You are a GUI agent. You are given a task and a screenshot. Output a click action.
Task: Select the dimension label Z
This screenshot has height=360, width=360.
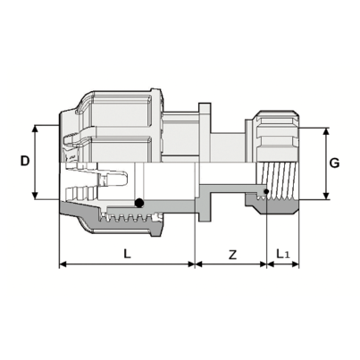(232, 255)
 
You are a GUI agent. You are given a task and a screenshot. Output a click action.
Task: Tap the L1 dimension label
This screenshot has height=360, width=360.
(283, 255)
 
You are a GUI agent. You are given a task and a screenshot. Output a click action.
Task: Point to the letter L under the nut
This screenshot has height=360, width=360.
(127, 254)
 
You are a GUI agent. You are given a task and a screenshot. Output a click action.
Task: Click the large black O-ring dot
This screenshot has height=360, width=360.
(138, 203)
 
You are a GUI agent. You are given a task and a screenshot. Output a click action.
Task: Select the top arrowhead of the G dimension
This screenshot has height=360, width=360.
(323, 130)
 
